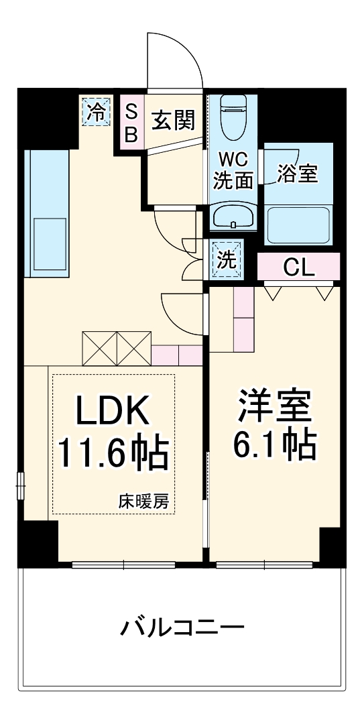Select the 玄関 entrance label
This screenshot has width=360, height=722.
pyautogui.click(x=172, y=121)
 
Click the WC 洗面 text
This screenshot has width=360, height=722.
pyautogui.click(x=233, y=170)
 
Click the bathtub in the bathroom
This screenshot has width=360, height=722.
pyautogui.click(x=298, y=225)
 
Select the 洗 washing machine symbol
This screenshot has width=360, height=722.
pyautogui.click(x=227, y=258)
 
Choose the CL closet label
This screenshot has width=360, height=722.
pyautogui.click(x=298, y=267)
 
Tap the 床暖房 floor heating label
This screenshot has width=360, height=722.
pyautogui.click(x=145, y=500)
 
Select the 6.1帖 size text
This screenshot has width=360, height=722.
pyautogui.click(x=274, y=443)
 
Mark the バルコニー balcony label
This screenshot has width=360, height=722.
pyautogui.click(x=182, y=628)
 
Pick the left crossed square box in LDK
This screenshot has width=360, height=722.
pyautogui.click(x=99, y=348)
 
